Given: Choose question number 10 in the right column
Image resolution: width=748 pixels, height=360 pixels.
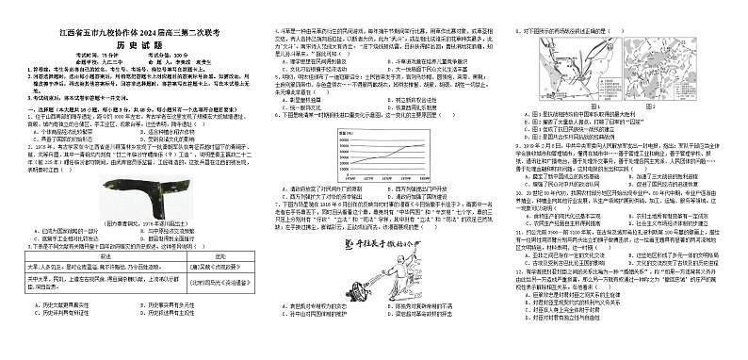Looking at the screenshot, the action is click(513, 191).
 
